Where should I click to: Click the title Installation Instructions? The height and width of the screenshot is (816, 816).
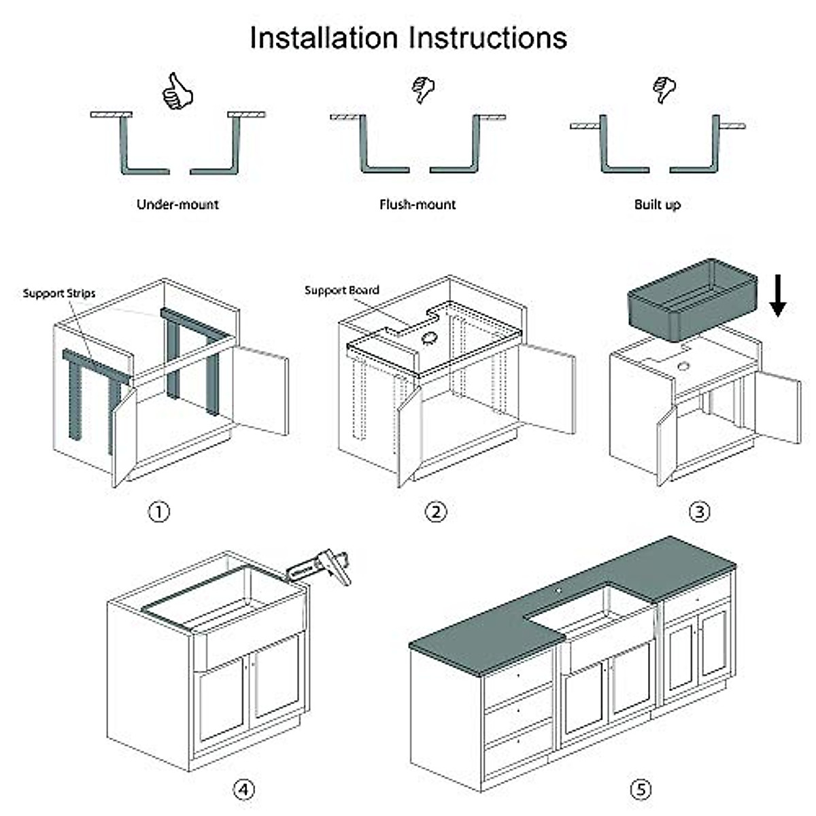[408, 37]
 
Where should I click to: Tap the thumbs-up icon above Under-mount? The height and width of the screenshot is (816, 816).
[177, 92]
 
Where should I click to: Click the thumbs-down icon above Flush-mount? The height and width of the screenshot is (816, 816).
[423, 89]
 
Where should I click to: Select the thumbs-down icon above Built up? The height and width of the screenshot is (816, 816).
[664, 89]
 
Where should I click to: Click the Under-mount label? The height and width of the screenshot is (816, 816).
[177, 204]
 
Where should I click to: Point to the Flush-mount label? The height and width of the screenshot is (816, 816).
[418, 204]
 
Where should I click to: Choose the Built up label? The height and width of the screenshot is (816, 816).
[657, 204]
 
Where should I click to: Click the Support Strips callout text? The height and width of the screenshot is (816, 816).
[59, 294]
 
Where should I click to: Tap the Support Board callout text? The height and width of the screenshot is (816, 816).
[341, 290]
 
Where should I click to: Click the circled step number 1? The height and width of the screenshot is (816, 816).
[159, 511]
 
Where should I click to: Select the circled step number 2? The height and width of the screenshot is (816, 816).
[436, 511]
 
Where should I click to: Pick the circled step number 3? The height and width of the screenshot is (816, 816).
[699, 511]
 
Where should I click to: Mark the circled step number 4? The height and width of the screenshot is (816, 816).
[244, 789]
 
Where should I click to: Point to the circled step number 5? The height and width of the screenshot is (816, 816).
[641, 789]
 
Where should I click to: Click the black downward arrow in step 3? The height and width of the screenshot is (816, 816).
[778, 299]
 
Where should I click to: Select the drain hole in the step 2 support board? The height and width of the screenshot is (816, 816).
[429, 337]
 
